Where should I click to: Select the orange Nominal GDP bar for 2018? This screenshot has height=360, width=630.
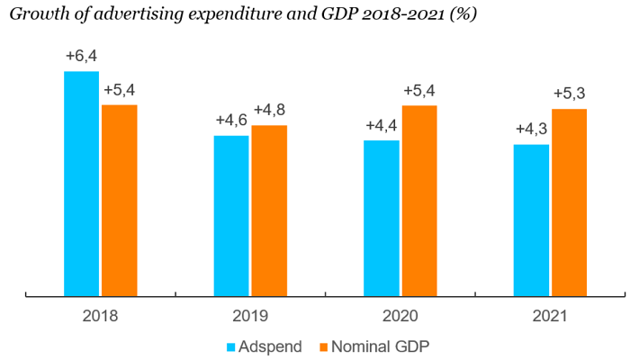coord(120,200)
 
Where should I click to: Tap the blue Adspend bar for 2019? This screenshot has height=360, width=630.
coord(231,215)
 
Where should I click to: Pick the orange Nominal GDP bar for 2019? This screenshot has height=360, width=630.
coord(269,210)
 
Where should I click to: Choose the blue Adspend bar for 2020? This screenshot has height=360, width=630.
coord(382,218)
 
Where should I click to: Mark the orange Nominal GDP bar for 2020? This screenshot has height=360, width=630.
coord(419,200)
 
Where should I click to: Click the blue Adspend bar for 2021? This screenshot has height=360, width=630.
coord(531,220)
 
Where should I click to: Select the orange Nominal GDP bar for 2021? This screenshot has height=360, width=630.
coord(569,202)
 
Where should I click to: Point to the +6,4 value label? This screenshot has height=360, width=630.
coord(82,56)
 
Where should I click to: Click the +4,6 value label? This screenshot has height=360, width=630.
coord(231,121)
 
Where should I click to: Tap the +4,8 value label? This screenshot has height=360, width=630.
coord(270,111)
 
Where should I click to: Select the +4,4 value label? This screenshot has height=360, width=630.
coord(382,125)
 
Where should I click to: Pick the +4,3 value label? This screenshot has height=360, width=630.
coord(531,129)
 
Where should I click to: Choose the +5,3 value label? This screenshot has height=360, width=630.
coord(570,94)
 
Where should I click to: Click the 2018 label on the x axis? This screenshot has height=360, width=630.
coord(100,316)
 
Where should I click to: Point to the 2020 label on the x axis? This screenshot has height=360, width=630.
coord(400,316)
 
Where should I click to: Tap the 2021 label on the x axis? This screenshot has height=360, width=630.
coord(550,316)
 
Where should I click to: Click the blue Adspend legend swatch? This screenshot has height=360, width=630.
coord(230,346)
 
